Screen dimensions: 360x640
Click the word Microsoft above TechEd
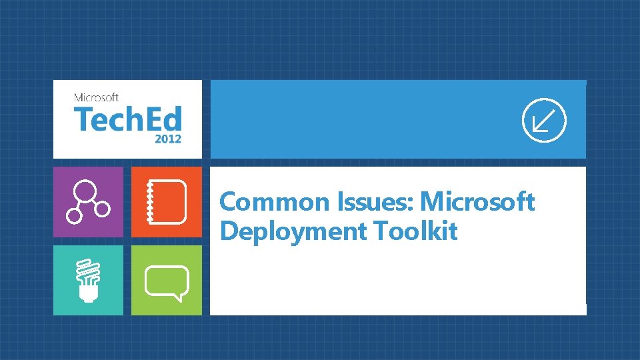97,97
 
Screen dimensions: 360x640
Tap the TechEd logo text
127,120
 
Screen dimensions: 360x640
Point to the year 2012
167,140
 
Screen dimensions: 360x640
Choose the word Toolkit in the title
415,231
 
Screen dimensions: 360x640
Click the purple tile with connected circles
88,201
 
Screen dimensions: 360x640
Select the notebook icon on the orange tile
167,201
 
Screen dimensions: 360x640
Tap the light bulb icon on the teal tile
88,281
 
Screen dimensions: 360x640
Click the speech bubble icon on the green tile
167,281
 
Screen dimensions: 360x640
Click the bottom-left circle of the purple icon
74,216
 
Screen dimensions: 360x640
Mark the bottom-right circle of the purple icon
102,209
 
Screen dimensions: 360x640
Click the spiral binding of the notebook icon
149,201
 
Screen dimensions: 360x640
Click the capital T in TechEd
83,120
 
